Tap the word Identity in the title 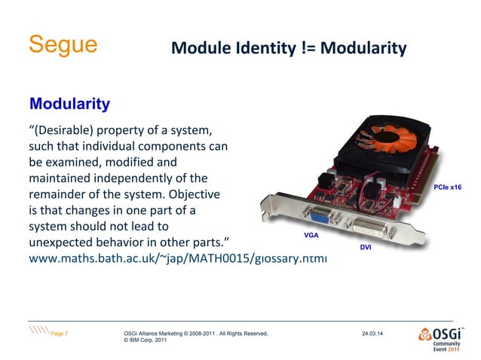(x=266, y=49)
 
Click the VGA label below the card (x=311, y=236)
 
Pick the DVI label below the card (x=365, y=246)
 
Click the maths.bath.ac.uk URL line (x=178, y=258)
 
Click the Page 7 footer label (x=60, y=333)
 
